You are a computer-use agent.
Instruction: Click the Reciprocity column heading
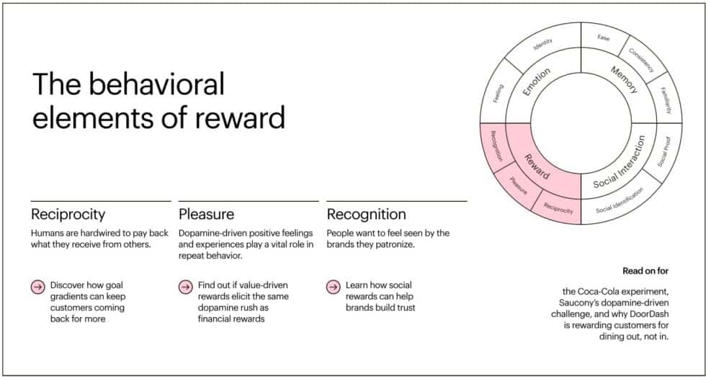coord(68,214)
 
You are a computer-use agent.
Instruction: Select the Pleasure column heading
coord(206,214)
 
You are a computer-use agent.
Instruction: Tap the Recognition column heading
coord(366,214)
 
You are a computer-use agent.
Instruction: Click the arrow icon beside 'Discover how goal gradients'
coord(37,287)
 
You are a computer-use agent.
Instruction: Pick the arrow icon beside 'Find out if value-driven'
coord(185,287)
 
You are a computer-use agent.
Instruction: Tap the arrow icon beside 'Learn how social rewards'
coord(333,287)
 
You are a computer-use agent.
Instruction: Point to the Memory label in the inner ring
coord(624,79)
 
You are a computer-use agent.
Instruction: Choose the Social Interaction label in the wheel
coord(624,164)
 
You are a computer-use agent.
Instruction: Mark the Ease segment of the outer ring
coord(604,37)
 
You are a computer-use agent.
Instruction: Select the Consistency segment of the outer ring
coord(640,61)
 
